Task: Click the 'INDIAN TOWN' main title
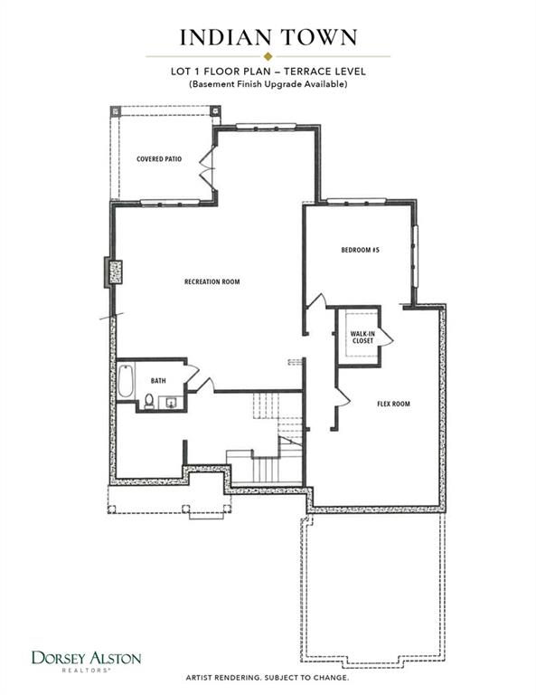click(268, 38)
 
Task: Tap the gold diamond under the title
click(268, 56)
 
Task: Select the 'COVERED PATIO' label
click(159, 158)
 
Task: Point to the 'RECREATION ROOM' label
click(212, 281)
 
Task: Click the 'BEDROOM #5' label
click(361, 250)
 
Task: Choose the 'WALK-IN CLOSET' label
click(362, 338)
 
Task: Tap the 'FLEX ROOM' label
click(393, 404)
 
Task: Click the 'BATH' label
click(158, 381)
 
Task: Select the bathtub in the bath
click(126, 381)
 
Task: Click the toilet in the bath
click(149, 401)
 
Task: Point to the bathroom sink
click(172, 404)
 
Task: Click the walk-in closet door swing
click(386, 338)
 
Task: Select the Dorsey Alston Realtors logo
click(86, 662)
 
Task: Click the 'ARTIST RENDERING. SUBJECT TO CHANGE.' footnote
click(268, 678)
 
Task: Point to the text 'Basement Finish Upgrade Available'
click(268, 84)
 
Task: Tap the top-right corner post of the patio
click(214, 110)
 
